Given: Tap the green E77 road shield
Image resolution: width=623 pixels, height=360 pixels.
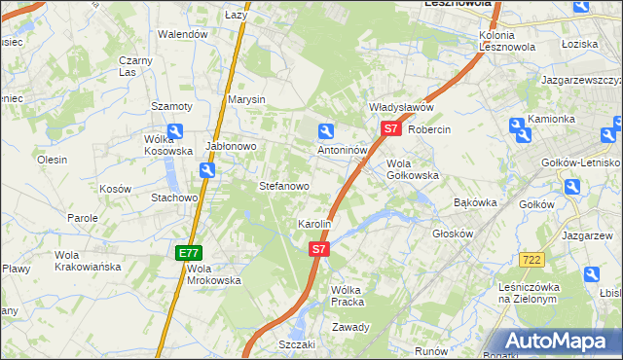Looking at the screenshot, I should [x=188, y=253].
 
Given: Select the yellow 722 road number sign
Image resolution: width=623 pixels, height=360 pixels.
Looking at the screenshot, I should [x=531, y=259].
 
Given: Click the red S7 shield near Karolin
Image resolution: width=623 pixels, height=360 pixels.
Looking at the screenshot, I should [x=319, y=250].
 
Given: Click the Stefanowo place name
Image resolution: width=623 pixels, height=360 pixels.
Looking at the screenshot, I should [x=283, y=185].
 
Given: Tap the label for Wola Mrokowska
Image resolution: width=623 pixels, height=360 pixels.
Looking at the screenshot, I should [x=213, y=273].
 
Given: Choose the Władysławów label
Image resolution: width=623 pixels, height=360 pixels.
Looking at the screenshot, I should [x=399, y=107].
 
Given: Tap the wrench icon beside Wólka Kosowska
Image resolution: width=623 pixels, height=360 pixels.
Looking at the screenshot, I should [x=175, y=131].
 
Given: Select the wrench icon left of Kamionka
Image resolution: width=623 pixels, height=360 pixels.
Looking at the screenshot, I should [x=517, y=125].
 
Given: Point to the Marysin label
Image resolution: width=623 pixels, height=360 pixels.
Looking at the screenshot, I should [x=246, y=99].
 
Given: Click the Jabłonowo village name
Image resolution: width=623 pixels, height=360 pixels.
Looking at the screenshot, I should [x=231, y=146].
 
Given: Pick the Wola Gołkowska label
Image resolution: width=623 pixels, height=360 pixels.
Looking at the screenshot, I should [x=413, y=169].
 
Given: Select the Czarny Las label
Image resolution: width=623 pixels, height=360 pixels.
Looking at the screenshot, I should [x=135, y=66].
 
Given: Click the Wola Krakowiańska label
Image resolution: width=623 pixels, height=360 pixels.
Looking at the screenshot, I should [x=88, y=260].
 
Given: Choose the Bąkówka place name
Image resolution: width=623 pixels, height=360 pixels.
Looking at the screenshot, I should [x=476, y=202].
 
